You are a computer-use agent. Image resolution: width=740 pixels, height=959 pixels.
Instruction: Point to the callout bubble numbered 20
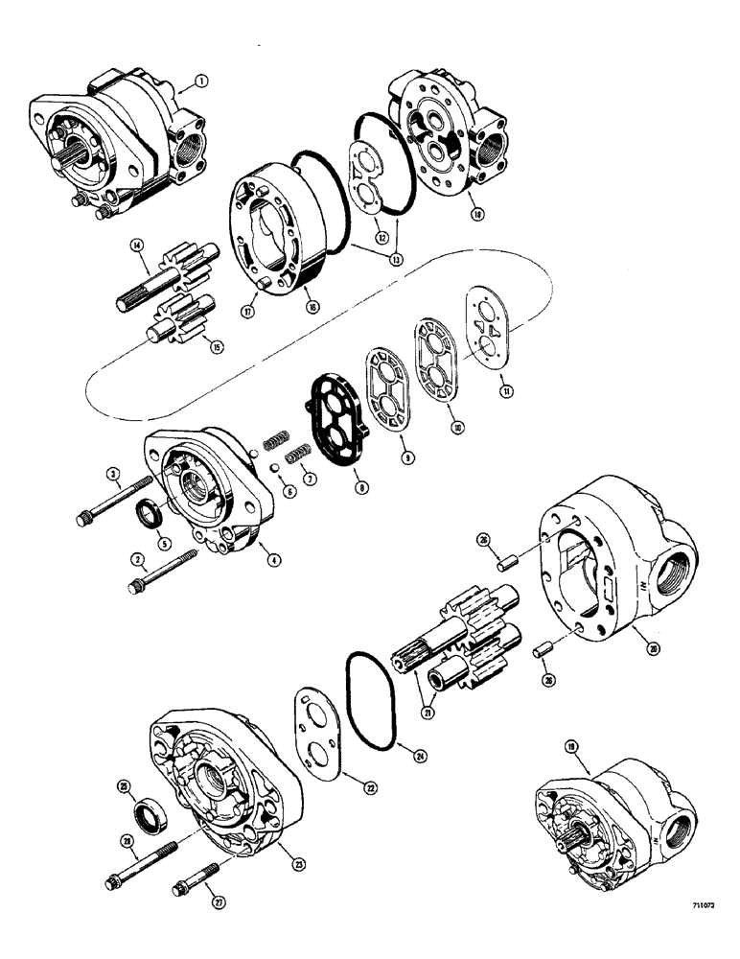[654, 649]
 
